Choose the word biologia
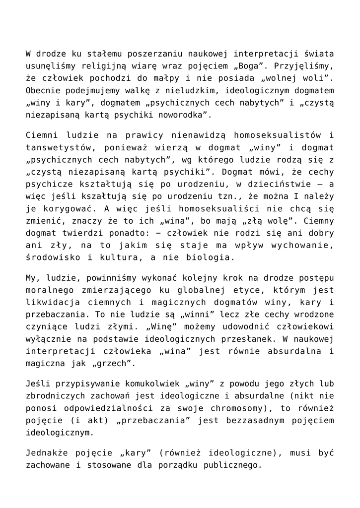pos(212,259)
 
